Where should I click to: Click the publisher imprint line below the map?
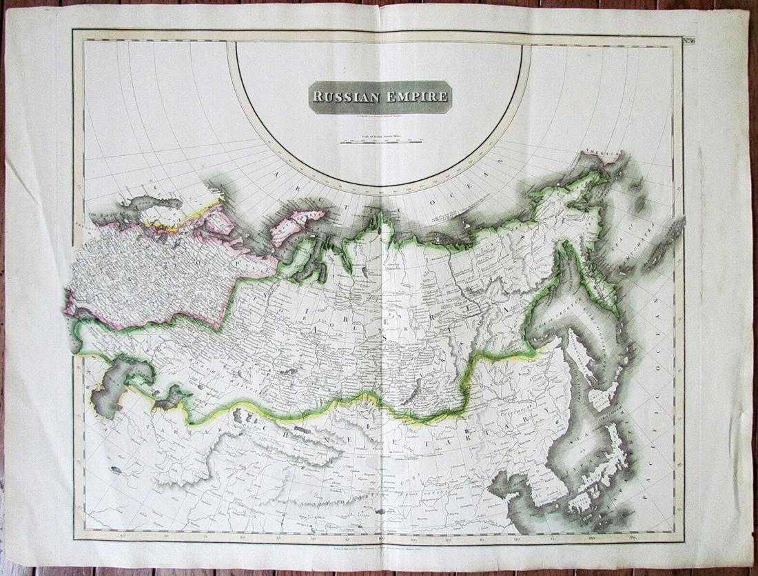[x=379, y=545]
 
